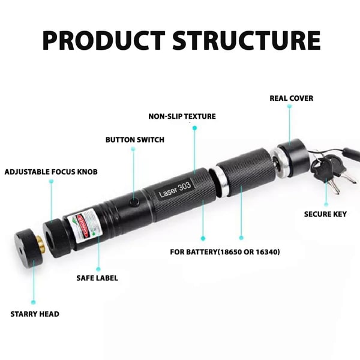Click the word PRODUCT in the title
coord(104,40)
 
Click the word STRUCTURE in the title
coord(247,40)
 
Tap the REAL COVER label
coord(292,98)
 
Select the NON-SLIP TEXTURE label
coord(182,116)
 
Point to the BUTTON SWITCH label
coord(135,140)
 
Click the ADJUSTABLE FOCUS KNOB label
coord(51,172)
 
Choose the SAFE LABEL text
coord(97,278)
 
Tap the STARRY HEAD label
coord(35,314)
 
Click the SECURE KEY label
coord(325,214)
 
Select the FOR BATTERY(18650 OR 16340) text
coord(225,252)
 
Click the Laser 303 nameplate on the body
coord(175,190)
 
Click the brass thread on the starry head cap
coord(41,244)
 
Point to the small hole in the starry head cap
coord(20,251)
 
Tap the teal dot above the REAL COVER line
coord(290,106)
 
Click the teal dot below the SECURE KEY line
coord(326,204)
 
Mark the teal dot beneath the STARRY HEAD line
coord(33,302)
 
